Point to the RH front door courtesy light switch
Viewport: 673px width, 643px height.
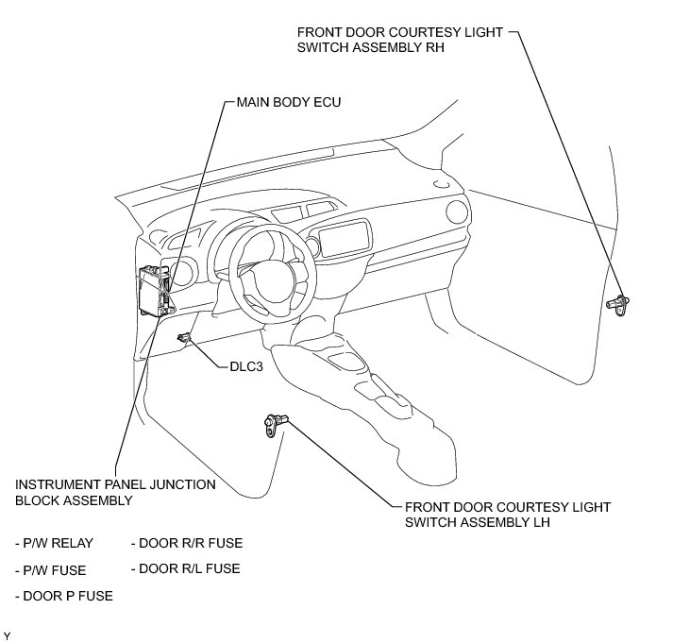621,303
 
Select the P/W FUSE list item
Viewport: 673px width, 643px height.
51,569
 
